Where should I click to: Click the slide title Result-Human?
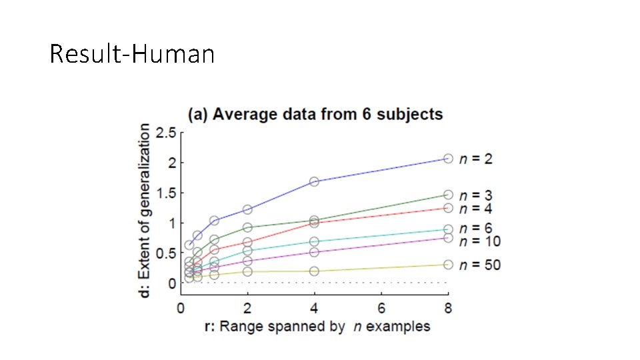(x=132, y=53)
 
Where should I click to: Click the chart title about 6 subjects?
(x=315, y=114)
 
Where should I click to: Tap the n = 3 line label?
(x=477, y=195)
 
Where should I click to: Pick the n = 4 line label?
(x=477, y=208)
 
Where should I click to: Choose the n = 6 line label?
(x=477, y=229)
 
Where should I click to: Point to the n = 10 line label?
(x=481, y=241)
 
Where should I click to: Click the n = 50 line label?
(x=481, y=265)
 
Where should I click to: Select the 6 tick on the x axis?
(x=381, y=308)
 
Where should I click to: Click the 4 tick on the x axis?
(x=314, y=308)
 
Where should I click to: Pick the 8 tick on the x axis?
(x=448, y=308)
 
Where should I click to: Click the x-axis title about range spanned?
(x=317, y=326)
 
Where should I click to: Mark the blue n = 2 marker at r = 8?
(x=448, y=159)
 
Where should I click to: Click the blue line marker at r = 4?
(x=314, y=181)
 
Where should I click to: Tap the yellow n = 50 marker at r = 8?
(x=448, y=265)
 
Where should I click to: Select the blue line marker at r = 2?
(x=247, y=209)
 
